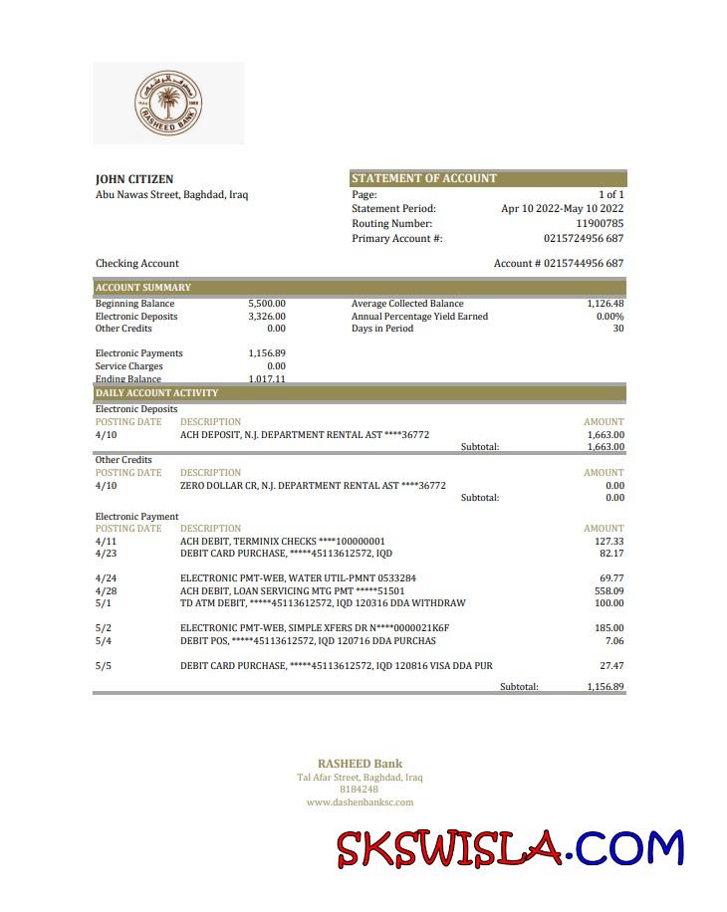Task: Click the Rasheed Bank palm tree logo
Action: pyautogui.click(x=167, y=103)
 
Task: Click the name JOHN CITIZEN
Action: pyautogui.click(x=134, y=179)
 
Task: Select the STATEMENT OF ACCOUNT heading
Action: pyautogui.click(x=423, y=178)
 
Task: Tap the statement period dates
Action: pyautogui.click(x=562, y=208)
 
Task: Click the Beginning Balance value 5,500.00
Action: pyautogui.click(x=266, y=304)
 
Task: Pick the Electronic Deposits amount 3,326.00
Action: pyautogui.click(x=266, y=317)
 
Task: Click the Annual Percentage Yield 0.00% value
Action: pyautogui.click(x=609, y=317)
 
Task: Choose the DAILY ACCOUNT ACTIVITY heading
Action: pyautogui.click(x=156, y=393)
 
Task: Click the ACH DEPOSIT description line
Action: pyautogui.click(x=304, y=434)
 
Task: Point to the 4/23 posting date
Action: pyautogui.click(x=106, y=553)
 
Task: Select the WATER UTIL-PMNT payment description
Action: pyautogui.click(x=298, y=577)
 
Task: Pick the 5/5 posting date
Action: pyautogui.click(x=104, y=665)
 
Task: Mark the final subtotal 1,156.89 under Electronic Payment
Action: pyautogui.click(x=605, y=687)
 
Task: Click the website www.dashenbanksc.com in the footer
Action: pyautogui.click(x=360, y=801)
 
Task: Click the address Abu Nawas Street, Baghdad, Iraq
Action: pyautogui.click(x=171, y=194)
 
